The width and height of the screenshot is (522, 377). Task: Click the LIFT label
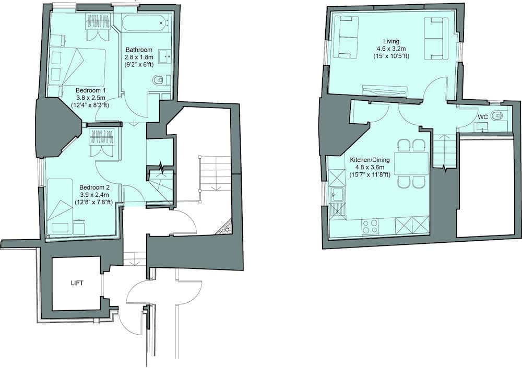click(x=77, y=284)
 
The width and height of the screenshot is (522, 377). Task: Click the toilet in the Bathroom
click(x=161, y=80)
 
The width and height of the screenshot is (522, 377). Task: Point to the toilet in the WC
click(x=500, y=116)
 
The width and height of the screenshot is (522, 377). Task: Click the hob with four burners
click(x=370, y=227)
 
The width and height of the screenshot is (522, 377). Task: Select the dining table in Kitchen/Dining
click(x=411, y=163)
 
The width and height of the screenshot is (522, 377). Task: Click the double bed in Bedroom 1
click(x=77, y=67)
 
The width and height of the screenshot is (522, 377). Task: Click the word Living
click(x=391, y=41)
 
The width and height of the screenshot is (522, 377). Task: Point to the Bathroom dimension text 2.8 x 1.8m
click(x=139, y=57)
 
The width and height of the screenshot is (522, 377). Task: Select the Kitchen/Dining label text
click(x=370, y=160)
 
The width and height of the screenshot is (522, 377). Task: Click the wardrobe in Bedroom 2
click(x=102, y=142)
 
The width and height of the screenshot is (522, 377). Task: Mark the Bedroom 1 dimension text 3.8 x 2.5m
click(x=91, y=98)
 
